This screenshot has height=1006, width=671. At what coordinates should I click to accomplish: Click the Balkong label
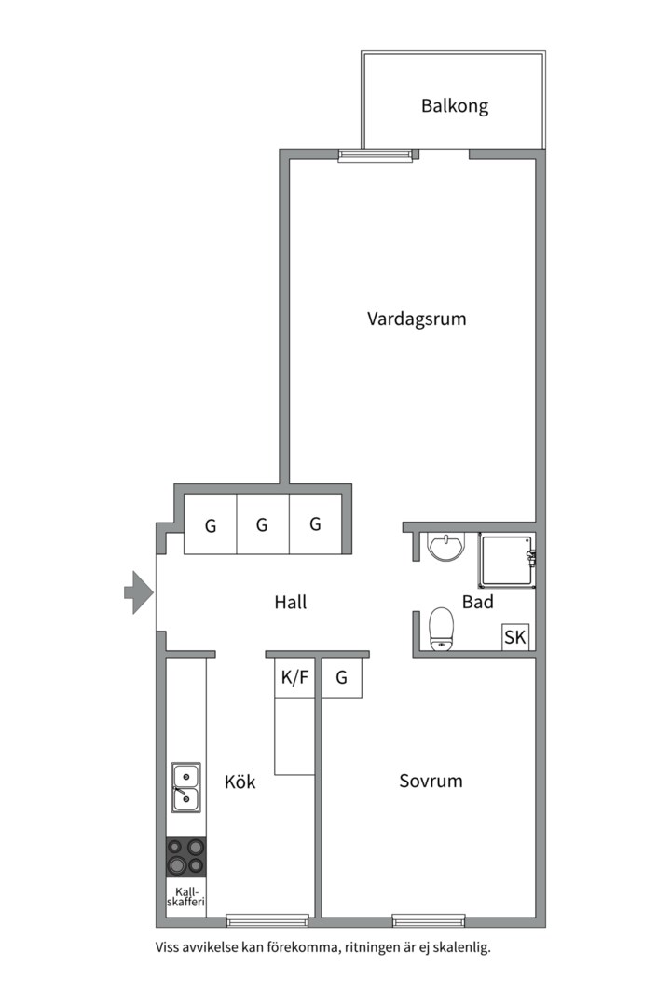[x=454, y=105]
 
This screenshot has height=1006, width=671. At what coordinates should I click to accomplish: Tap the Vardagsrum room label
[x=417, y=319]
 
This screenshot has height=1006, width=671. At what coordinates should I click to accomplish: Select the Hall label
[x=291, y=603]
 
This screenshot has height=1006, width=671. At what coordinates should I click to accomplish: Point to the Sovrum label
[x=431, y=781]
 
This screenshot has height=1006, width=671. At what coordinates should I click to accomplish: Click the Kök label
[x=240, y=782]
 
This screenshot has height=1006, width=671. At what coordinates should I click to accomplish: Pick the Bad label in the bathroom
[x=477, y=603]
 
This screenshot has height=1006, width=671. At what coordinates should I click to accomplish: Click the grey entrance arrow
[x=138, y=591]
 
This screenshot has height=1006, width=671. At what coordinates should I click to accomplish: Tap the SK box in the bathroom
[x=514, y=637]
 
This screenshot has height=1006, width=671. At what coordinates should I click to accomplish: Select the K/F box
[x=294, y=678]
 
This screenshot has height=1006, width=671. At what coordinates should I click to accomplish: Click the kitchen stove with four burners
[x=186, y=857]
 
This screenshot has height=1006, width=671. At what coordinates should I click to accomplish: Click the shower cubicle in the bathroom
[x=507, y=561]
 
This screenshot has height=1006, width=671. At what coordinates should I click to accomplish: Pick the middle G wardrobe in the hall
[x=263, y=524]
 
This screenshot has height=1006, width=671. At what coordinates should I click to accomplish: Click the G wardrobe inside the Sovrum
[x=342, y=678]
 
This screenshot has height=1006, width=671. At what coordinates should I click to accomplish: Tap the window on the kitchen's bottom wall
[x=267, y=921]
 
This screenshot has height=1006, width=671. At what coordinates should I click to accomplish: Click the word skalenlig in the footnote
[x=458, y=948]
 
